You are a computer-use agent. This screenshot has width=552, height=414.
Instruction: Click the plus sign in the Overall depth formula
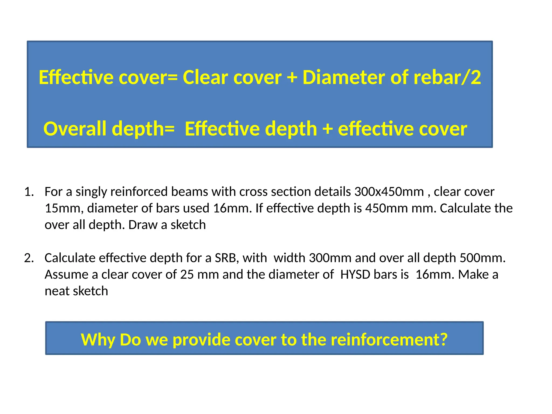(x=327, y=129)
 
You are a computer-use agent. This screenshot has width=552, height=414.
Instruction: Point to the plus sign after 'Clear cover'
(x=292, y=78)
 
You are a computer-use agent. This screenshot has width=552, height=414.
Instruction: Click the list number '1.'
(x=29, y=192)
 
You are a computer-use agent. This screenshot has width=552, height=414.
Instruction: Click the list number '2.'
(x=29, y=258)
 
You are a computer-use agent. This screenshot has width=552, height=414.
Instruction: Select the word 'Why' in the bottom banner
(x=98, y=340)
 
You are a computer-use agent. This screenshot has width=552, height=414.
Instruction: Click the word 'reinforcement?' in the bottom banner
(x=389, y=340)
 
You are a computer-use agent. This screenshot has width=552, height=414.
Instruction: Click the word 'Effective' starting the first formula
(x=76, y=78)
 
